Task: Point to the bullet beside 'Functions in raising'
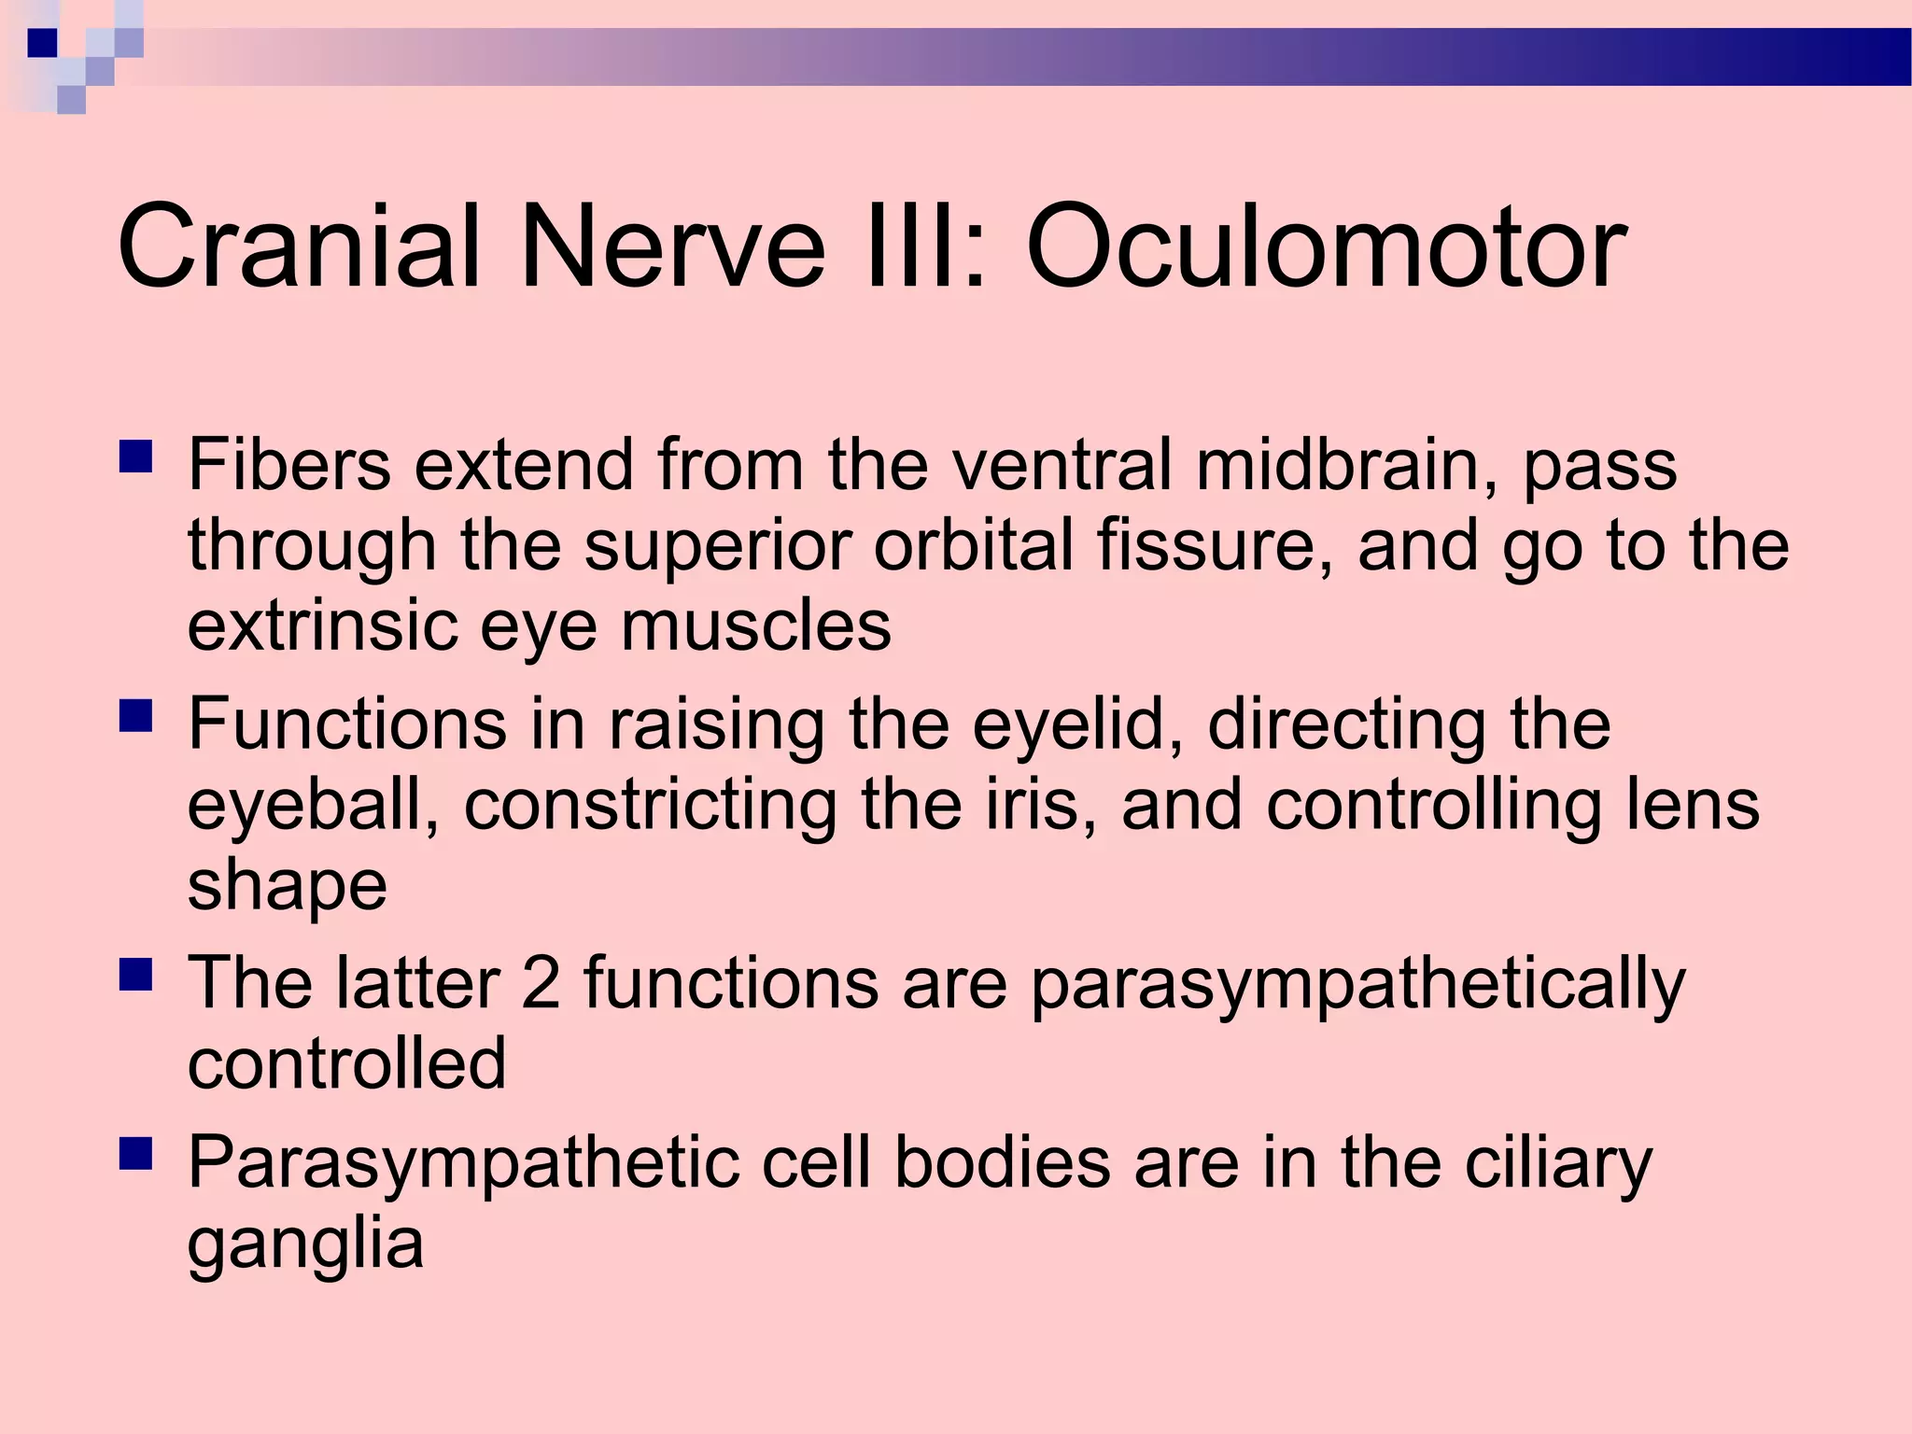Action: (x=136, y=718)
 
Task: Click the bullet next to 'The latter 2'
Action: (x=136, y=977)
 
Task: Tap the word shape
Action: (x=287, y=888)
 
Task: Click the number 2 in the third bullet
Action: (x=541, y=983)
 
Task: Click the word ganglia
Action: (x=305, y=1245)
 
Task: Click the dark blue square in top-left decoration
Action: (x=42, y=43)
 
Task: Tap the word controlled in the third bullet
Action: (x=346, y=1063)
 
